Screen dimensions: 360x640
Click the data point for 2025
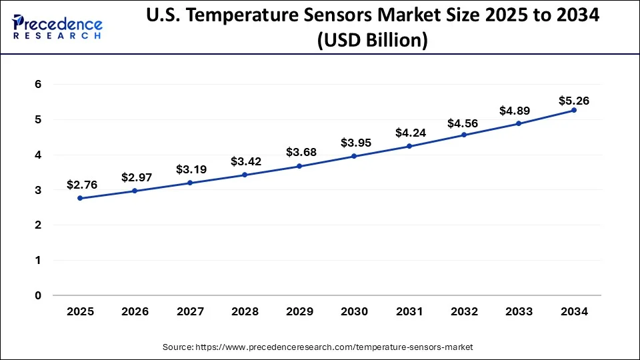[x=80, y=198]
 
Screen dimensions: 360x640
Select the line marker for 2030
[x=354, y=156]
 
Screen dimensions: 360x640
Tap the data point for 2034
[x=573, y=110]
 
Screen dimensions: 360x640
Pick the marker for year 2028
[x=245, y=175]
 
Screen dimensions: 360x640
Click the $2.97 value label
[x=137, y=177]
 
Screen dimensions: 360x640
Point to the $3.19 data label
[x=191, y=169]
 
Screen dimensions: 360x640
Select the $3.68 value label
[x=301, y=153]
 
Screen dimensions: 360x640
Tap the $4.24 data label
[x=411, y=133]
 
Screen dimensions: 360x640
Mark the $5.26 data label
[x=573, y=101]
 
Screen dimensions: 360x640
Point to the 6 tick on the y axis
[x=39, y=85]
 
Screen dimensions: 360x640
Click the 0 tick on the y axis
[x=39, y=295]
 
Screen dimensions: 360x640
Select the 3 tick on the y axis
[x=39, y=190]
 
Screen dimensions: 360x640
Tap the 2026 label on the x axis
[x=135, y=312]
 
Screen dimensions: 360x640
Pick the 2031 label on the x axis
[x=409, y=312]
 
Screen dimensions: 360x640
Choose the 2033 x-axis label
[x=519, y=312]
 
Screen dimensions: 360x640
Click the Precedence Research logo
[x=57, y=27]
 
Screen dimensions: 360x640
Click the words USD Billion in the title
[x=371, y=41]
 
